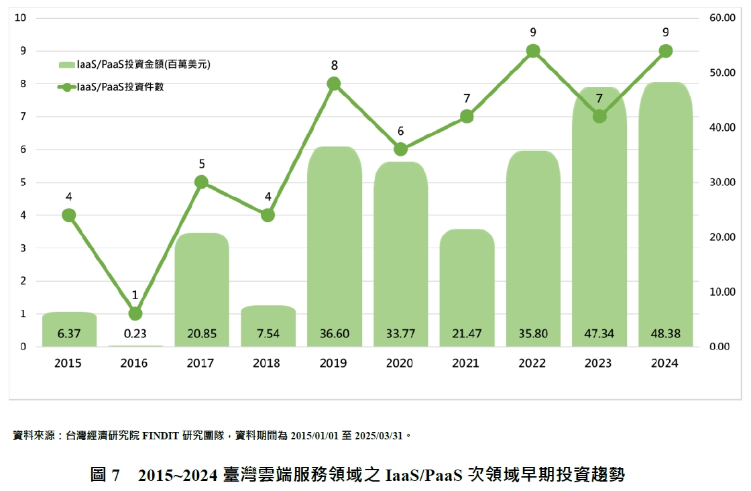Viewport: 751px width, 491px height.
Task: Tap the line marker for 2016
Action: (135, 313)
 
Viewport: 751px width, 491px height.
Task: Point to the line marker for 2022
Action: (533, 51)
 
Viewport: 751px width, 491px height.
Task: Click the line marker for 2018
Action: (268, 215)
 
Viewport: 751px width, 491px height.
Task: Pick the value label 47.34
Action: (599, 333)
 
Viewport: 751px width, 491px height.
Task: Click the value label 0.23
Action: (135, 333)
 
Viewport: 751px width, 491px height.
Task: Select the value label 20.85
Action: (201, 333)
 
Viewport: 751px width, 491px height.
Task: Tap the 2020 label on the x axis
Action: (400, 363)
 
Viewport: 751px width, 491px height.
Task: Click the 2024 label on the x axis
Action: (665, 363)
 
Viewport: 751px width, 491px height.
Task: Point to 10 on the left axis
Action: (20, 18)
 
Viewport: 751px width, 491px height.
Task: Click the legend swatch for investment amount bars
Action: (67, 65)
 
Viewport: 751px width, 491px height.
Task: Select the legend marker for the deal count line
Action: (67, 87)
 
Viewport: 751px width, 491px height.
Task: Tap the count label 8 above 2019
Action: (334, 66)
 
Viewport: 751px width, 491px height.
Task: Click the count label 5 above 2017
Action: (201, 164)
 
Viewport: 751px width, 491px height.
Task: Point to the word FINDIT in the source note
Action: (160, 435)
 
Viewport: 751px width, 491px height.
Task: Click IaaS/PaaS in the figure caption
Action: (424, 475)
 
